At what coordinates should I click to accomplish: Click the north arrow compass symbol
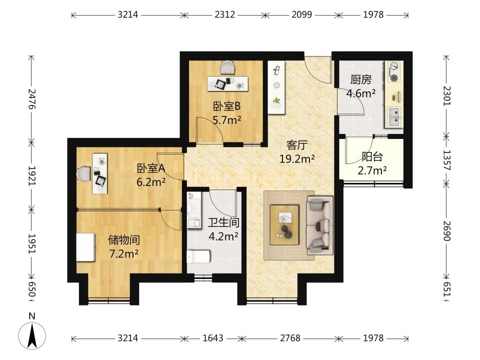coord(32,335)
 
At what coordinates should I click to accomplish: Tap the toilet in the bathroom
coord(198,256)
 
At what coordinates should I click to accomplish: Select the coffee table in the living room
coord(284,225)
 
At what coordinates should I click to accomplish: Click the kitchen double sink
coord(394,117)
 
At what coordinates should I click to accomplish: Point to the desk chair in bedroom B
coord(227,67)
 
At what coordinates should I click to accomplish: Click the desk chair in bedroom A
coord(84,173)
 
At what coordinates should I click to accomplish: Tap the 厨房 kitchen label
coord(361,79)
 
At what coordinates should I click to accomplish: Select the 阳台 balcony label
coord(372,156)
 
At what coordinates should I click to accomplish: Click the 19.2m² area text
coord(297,158)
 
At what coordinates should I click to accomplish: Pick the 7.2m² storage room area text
coord(123,253)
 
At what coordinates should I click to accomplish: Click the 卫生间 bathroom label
coord(223,222)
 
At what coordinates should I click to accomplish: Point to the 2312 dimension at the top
coord(224,14)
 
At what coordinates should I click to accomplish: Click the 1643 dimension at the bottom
coord(213,338)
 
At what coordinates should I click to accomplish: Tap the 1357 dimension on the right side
coord(447,160)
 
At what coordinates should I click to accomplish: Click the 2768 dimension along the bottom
coord(290,338)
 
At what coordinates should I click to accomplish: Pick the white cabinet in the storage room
coord(85,247)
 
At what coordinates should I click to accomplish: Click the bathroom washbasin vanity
coord(194,210)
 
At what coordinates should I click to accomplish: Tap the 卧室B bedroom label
coord(227,106)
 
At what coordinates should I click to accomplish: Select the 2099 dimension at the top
coord(301,14)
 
